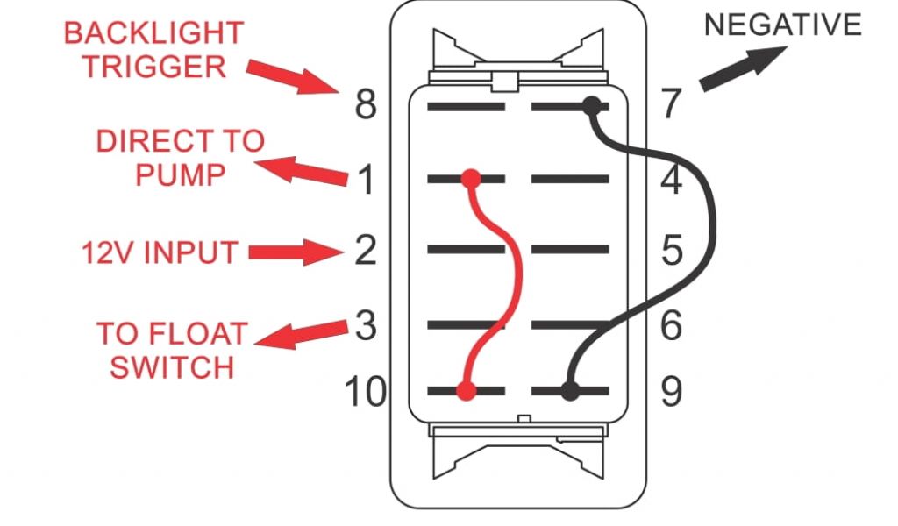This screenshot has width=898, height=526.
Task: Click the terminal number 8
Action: pos(366,104)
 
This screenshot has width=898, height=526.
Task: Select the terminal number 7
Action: pos(672,103)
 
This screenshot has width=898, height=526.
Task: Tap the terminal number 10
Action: pos(365,392)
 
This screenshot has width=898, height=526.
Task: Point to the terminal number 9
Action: pos(672,392)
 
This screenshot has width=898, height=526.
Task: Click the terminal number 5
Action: pos(672,250)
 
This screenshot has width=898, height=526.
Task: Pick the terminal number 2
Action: pos(366,250)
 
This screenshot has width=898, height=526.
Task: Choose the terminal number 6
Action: pos(672,325)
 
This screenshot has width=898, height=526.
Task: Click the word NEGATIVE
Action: pos(783,25)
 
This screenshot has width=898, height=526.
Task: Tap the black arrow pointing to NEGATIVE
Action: pos(744,68)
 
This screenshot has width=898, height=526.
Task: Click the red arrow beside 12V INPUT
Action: pos(296,252)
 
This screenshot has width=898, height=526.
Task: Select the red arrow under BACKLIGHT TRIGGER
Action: pos(293,76)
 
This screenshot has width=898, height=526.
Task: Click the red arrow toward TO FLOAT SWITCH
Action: pos(301,335)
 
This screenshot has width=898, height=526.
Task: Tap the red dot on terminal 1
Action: pos(471,179)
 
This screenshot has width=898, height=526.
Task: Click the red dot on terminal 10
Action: pos(467,392)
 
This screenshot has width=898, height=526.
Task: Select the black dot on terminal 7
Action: pos(592,106)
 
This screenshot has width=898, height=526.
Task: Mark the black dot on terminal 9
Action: pos(570,392)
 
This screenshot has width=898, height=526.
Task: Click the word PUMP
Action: pos(180,174)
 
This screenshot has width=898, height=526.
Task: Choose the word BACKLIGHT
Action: pos(153,32)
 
